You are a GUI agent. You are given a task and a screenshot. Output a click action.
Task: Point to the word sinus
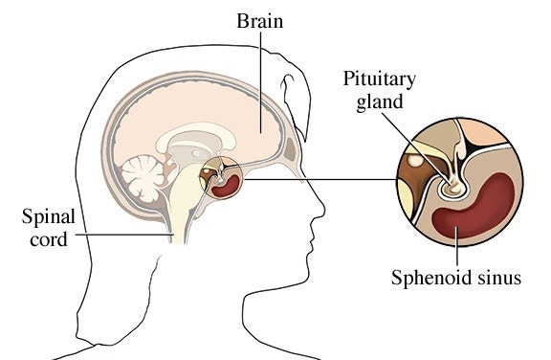pos(495,279)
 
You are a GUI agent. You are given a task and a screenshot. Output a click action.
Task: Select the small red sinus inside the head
pos(226,188)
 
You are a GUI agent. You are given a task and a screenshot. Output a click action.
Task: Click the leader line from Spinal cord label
pos(124,234)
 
